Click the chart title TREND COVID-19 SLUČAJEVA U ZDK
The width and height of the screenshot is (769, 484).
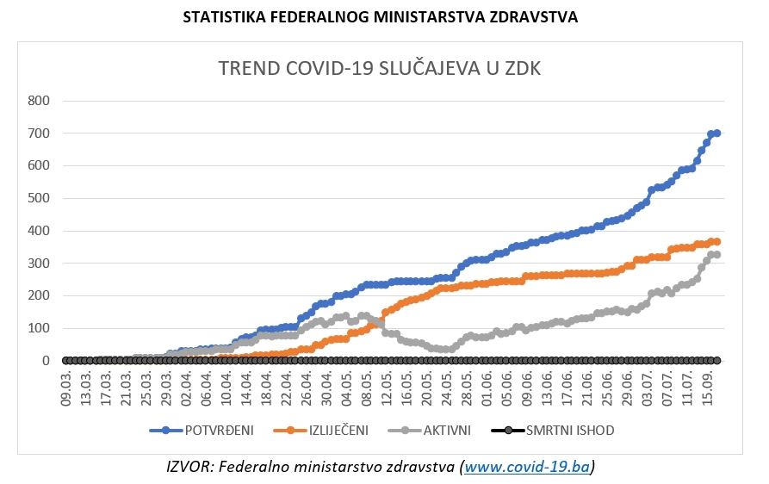tap(380, 69)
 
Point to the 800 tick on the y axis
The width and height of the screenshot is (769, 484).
tap(39, 101)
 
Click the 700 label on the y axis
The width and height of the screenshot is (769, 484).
tap(39, 133)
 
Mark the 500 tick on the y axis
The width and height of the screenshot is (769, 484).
tap(39, 198)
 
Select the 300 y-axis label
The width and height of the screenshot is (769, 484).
tap(39, 264)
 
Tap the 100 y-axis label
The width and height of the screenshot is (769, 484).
tap(39, 328)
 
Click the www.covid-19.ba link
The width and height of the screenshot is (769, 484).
tap(527, 467)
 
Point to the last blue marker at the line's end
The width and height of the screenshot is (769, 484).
tap(716, 133)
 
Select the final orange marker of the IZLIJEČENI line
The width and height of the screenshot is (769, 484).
tap(716, 241)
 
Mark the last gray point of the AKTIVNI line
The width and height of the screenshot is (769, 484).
tap(716, 254)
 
